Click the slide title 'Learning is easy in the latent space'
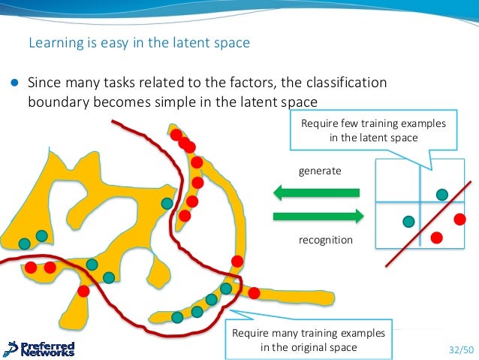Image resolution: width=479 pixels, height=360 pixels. point(139,43)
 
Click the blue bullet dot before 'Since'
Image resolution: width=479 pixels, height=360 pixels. point(14,82)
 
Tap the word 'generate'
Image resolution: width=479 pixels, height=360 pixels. point(320,171)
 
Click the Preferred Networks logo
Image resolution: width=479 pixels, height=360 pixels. point(39,349)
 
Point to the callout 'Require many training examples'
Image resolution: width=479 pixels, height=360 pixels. point(309,340)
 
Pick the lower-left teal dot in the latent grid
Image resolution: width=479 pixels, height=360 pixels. point(408,221)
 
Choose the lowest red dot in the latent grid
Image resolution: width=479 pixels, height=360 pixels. point(437,237)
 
